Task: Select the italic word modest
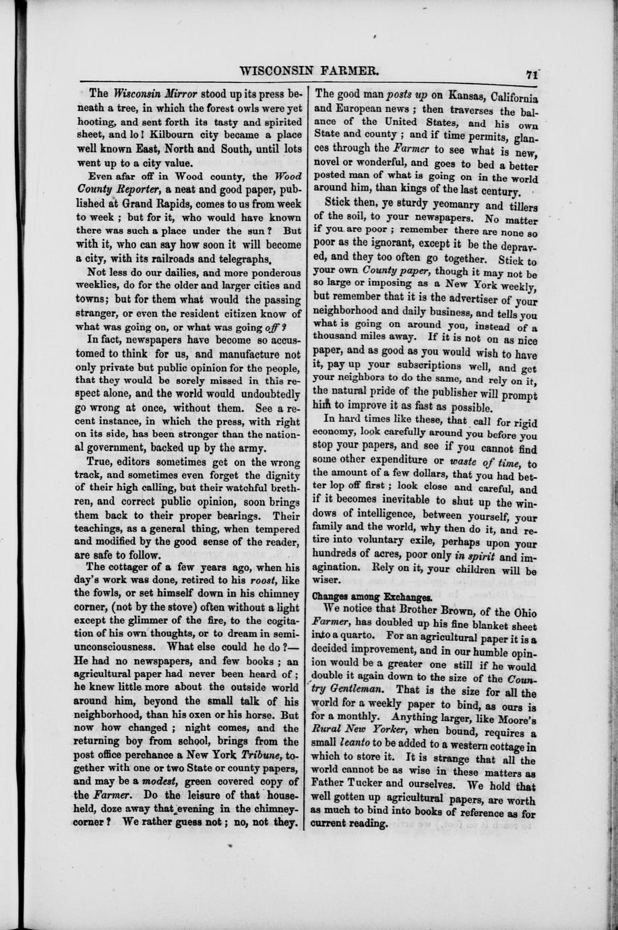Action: pyautogui.click(x=156, y=780)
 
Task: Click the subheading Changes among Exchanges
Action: pyautogui.click(x=371, y=597)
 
